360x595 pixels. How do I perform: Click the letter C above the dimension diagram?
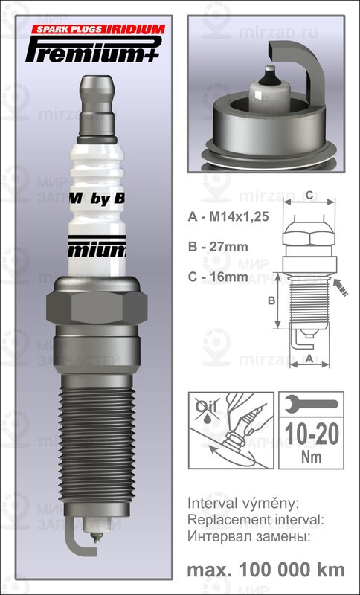tap(308, 196)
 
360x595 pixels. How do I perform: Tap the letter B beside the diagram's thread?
tap(272, 300)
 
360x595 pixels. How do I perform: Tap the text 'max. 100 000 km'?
tap(266, 570)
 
